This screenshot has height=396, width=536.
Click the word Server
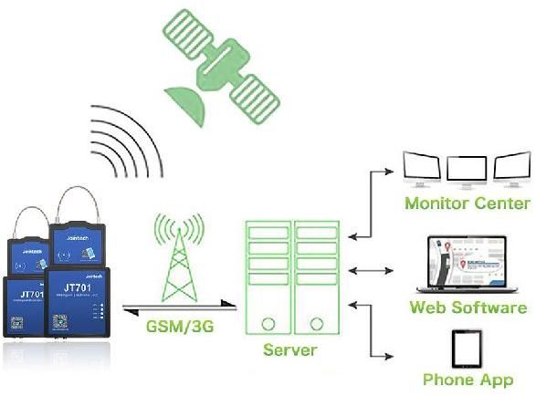(289, 349)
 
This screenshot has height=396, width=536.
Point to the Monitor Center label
(467, 203)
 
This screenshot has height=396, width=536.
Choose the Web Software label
(468, 307)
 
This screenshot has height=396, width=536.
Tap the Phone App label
(468, 379)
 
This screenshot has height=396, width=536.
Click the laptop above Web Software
(467, 265)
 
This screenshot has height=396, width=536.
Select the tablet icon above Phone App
(467, 348)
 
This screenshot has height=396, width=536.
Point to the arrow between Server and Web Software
(375, 270)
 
